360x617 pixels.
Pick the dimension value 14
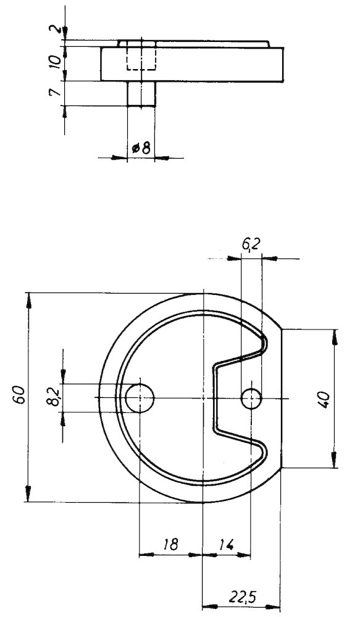pyautogui.click(x=226, y=544)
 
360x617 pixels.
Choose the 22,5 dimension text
pyautogui.click(x=241, y=597)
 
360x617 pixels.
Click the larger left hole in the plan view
pyautogui.click(x=140, y=398)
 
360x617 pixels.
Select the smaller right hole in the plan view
pyautogui.click(x=251, y=399)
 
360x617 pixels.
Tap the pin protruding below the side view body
pyautogui.click(x=141, y=94)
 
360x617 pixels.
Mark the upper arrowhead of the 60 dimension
pyautogui.click(x=28, y=300)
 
